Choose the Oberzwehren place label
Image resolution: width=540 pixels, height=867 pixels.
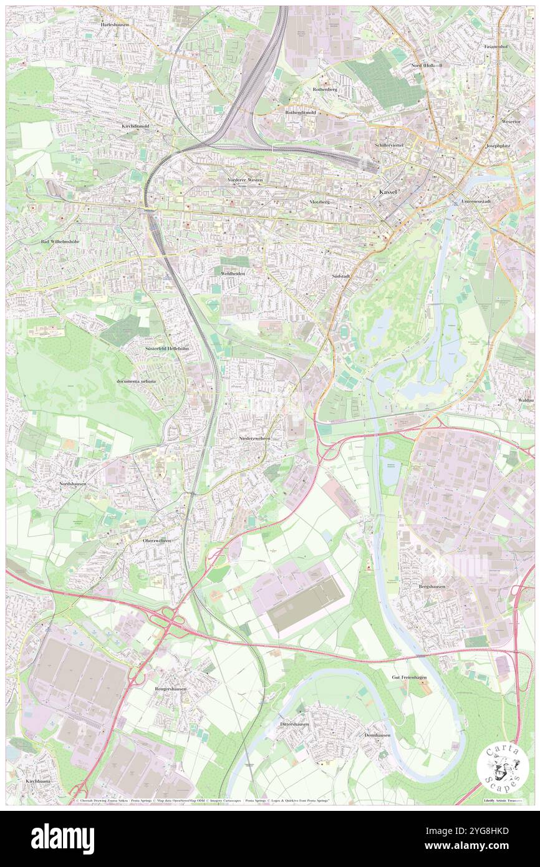click(x=157, y=540)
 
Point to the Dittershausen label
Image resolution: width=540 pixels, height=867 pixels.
click(x=292, y=724)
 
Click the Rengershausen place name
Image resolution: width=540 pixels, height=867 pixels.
click(x=171, y=689)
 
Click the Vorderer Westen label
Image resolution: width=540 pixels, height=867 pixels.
click(x=245, y=180)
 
